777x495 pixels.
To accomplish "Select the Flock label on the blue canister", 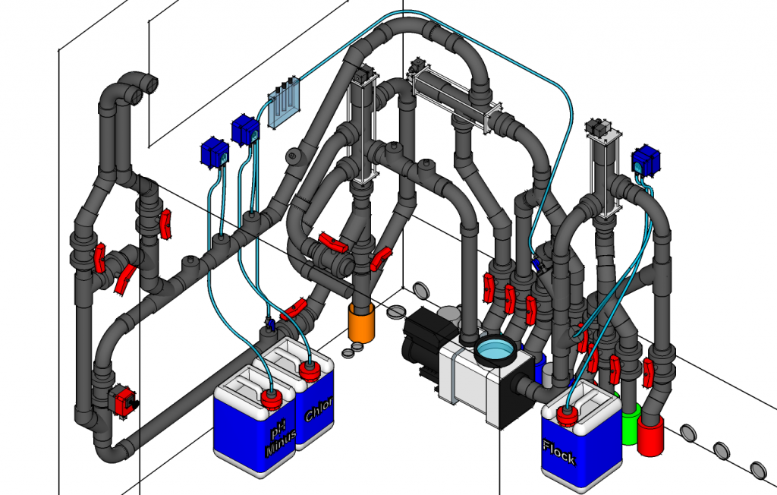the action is [559, 452].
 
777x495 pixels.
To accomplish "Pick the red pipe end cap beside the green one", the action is [650, 435].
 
